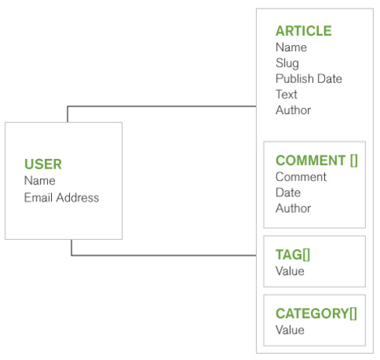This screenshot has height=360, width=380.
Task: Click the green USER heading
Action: [x=43, y=164]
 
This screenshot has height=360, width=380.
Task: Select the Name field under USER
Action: [x=40, y=181]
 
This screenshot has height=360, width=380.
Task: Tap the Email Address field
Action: [x=61, y=198]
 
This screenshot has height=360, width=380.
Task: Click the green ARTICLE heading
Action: [x=304, y=31]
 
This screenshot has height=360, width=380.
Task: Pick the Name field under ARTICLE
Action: [x=292, y=47]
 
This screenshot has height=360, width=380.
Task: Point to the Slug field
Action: [x=287, y=64]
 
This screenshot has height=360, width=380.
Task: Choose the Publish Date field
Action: [x=309, y=78]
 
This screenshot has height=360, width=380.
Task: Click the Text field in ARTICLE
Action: [x=286, y=95]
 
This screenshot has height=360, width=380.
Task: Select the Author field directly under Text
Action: [x=293, y=110]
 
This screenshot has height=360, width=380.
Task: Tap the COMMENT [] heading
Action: [x=316, y=161]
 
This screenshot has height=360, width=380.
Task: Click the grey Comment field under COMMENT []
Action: [x=301, y=177]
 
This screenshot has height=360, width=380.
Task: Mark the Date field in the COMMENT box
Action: [x=288, y=192]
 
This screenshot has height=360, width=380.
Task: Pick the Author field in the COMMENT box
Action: [x=293, y=208]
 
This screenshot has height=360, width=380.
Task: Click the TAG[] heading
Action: [x=293, y=254]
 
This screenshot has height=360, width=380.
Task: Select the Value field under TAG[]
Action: [x=290, y=272]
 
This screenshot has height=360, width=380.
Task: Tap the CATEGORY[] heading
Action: [x=316, y=313]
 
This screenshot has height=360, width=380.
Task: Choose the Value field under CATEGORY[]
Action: [x=290, y=330]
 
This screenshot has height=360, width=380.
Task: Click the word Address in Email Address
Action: [x=78, y=198]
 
